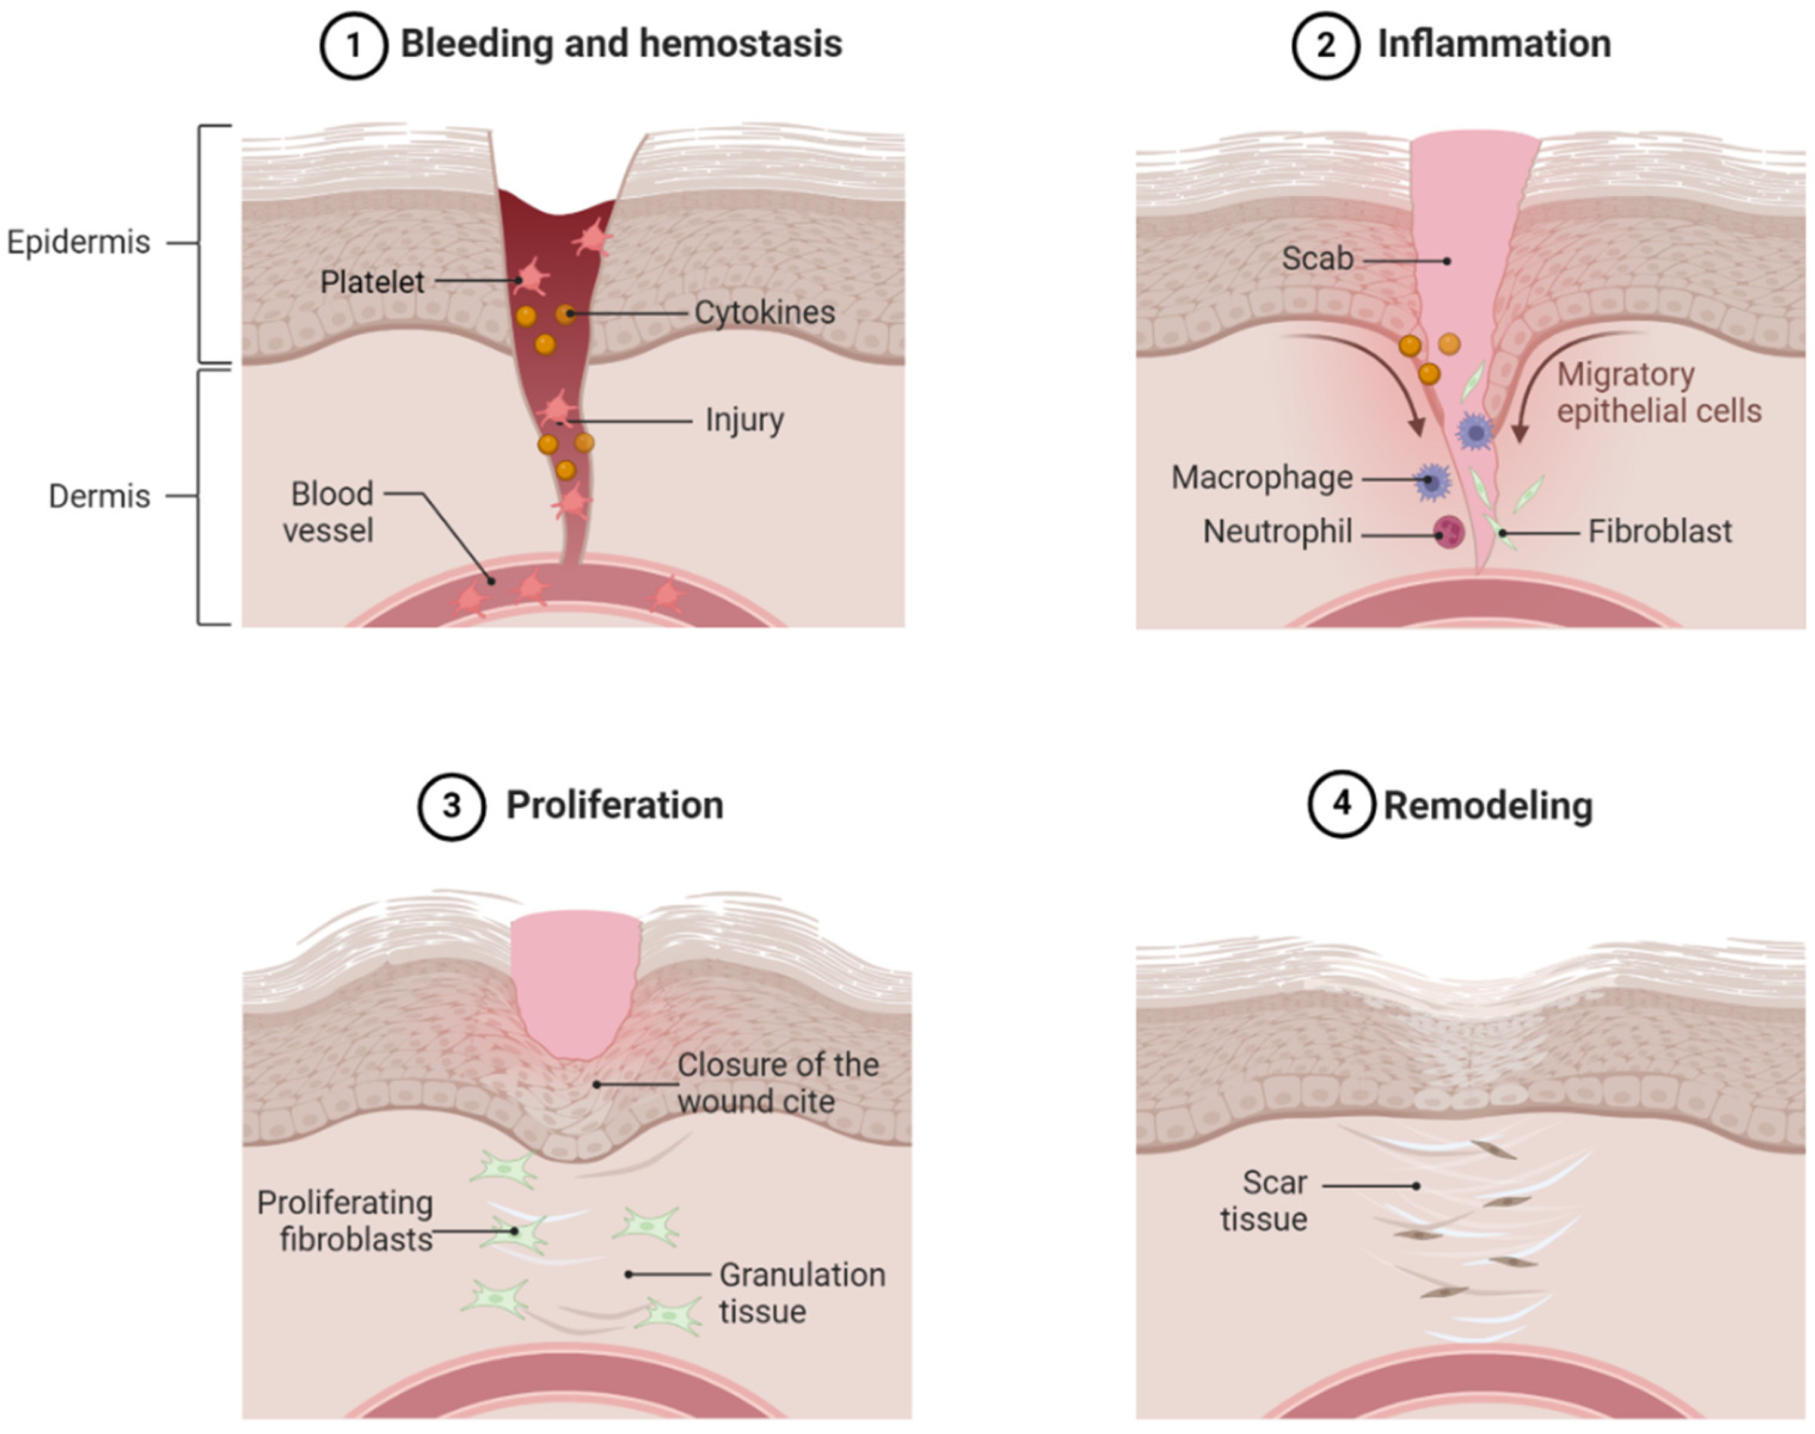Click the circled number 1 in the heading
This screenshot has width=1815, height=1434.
(x=353, y=45)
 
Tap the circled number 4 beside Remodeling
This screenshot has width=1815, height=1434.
(x=1340, y=803)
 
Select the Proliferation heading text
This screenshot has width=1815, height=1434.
(x=614, y=804)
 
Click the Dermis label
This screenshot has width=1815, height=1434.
(x=99, y=496)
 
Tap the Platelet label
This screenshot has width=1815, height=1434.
(x=372, y=282)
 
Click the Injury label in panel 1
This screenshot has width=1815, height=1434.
(x=744, y=419)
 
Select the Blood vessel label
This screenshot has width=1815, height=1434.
(x=329, y=512)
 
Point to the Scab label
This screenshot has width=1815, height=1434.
(x=1317, y=258)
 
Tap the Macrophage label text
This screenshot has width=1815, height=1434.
(x=1262, y=478)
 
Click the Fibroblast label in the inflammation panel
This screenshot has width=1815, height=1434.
(x=1660, y=532)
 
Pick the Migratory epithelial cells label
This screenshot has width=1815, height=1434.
(x=1659, y=393)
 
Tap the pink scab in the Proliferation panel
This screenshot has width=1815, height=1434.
(x=576, y=982)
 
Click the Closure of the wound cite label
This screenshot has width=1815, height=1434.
(x=777, y=1083)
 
